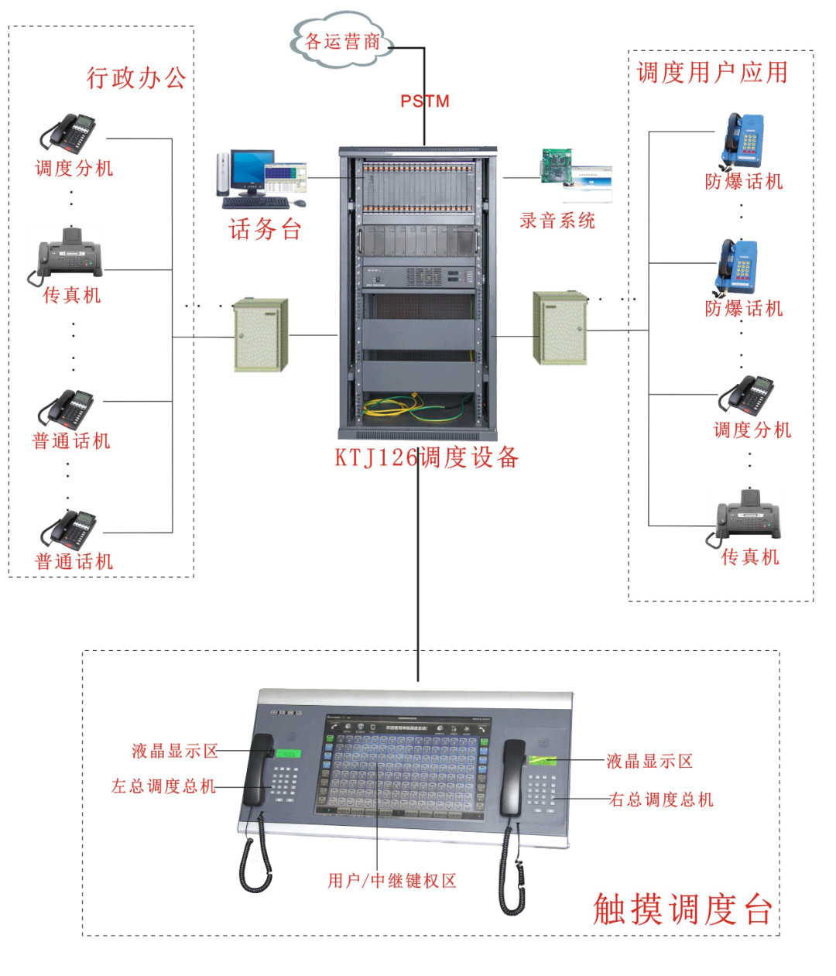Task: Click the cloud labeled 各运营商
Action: (341, 40)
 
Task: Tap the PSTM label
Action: (424, 101)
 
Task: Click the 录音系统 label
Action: (557, 221)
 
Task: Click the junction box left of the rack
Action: (261, 334)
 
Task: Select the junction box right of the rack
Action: (560, 328)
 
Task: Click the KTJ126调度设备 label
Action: (427, 457)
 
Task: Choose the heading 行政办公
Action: (135, 77)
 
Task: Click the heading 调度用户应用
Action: (712, 73)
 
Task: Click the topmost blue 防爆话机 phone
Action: (742, 142)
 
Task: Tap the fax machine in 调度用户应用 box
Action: (748, 515)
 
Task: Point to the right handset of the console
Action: (512, 778)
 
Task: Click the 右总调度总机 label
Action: (661, 800)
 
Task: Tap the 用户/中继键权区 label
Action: (392, 880)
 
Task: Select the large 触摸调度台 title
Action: (683, 909)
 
